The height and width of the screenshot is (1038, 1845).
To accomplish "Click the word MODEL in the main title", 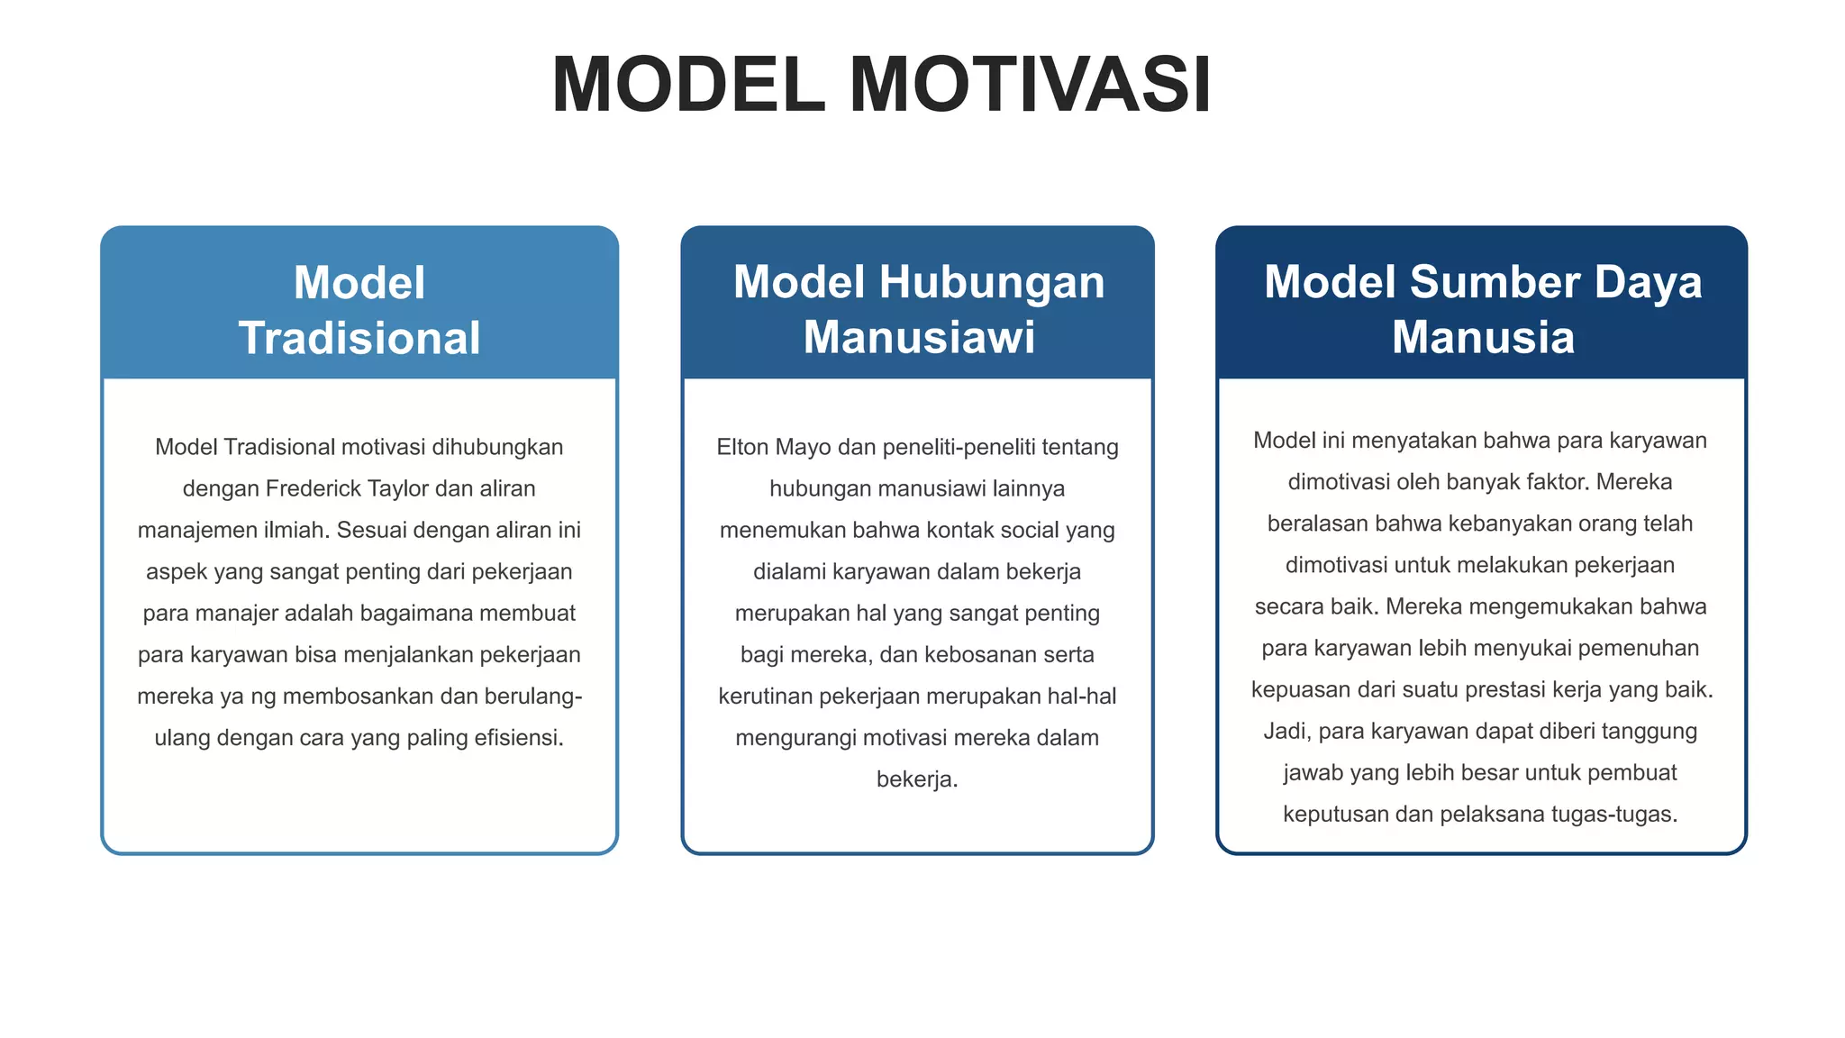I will [x=688, y=85].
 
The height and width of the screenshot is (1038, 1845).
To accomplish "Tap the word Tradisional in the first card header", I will [x=359, y=338].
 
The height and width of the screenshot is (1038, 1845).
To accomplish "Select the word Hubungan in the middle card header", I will [x=992, y=282].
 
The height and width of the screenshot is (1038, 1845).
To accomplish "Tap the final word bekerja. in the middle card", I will [x=917, y=779].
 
